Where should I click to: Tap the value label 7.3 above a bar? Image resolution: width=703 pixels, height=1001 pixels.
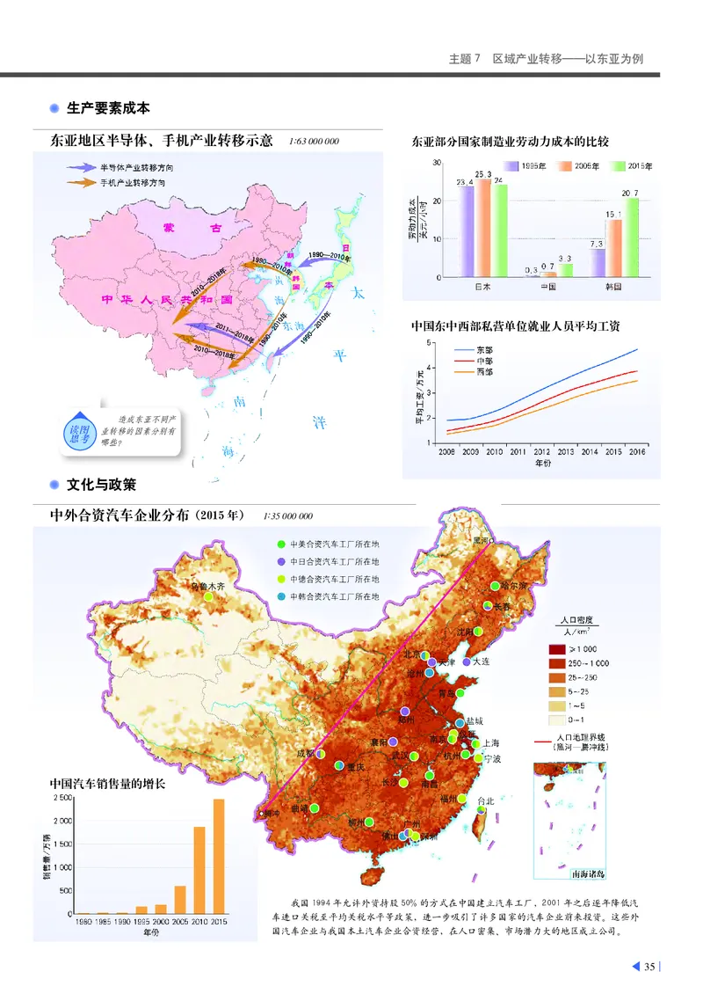596,244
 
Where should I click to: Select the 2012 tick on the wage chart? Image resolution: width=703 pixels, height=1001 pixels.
541,451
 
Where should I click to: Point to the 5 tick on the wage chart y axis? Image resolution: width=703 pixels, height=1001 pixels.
430,342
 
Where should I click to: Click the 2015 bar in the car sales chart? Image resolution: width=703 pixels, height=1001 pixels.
219,856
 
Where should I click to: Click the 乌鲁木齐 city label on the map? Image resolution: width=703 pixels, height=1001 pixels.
208,585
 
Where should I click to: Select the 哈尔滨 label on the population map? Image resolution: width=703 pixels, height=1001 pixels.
511,585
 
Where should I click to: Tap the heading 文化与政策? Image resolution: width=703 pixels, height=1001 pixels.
101,485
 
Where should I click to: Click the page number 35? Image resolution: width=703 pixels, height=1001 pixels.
649,968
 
